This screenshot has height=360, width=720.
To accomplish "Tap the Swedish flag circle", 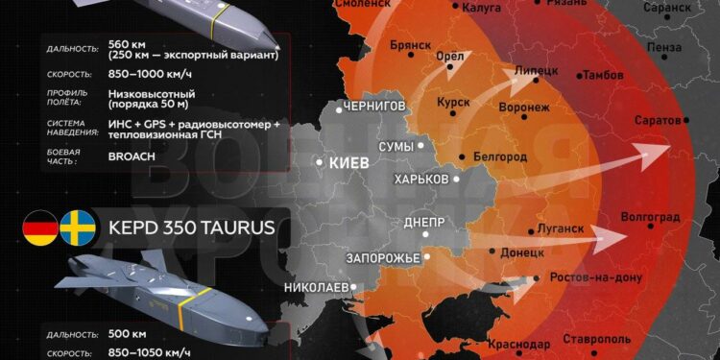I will pyautogui.click(x=76, y=228).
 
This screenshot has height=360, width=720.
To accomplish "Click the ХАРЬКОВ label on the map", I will pyautogui.click(x=420, y=180).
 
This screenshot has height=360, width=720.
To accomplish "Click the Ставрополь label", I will pyautogui.click(x=598, y=338).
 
